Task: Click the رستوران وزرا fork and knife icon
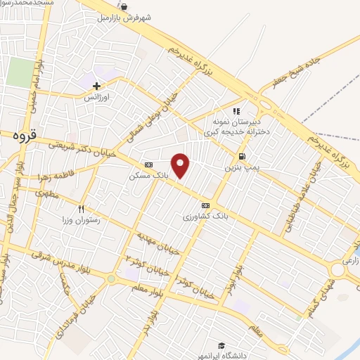(82, 209)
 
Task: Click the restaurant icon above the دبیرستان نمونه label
(237, 110)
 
